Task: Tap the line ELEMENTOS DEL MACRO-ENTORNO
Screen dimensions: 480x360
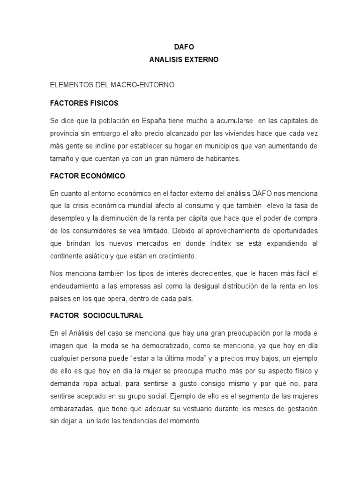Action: pos(112,85)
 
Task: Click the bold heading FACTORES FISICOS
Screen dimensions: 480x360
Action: pos(84,103)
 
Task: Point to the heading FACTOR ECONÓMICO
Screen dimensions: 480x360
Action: pos(88,176)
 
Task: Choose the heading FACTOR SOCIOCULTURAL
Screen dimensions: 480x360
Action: pos(96,315)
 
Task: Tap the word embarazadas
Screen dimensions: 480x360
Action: pos(71,409)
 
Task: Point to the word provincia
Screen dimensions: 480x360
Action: pos(64,133)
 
